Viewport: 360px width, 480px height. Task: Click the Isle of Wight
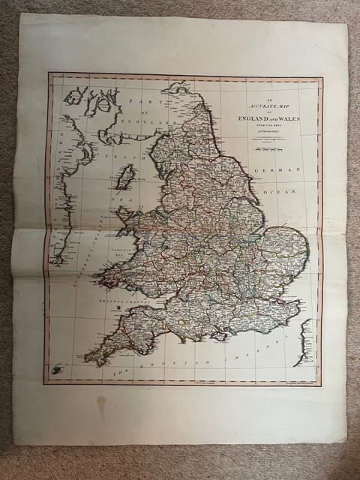coord(219,336)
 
